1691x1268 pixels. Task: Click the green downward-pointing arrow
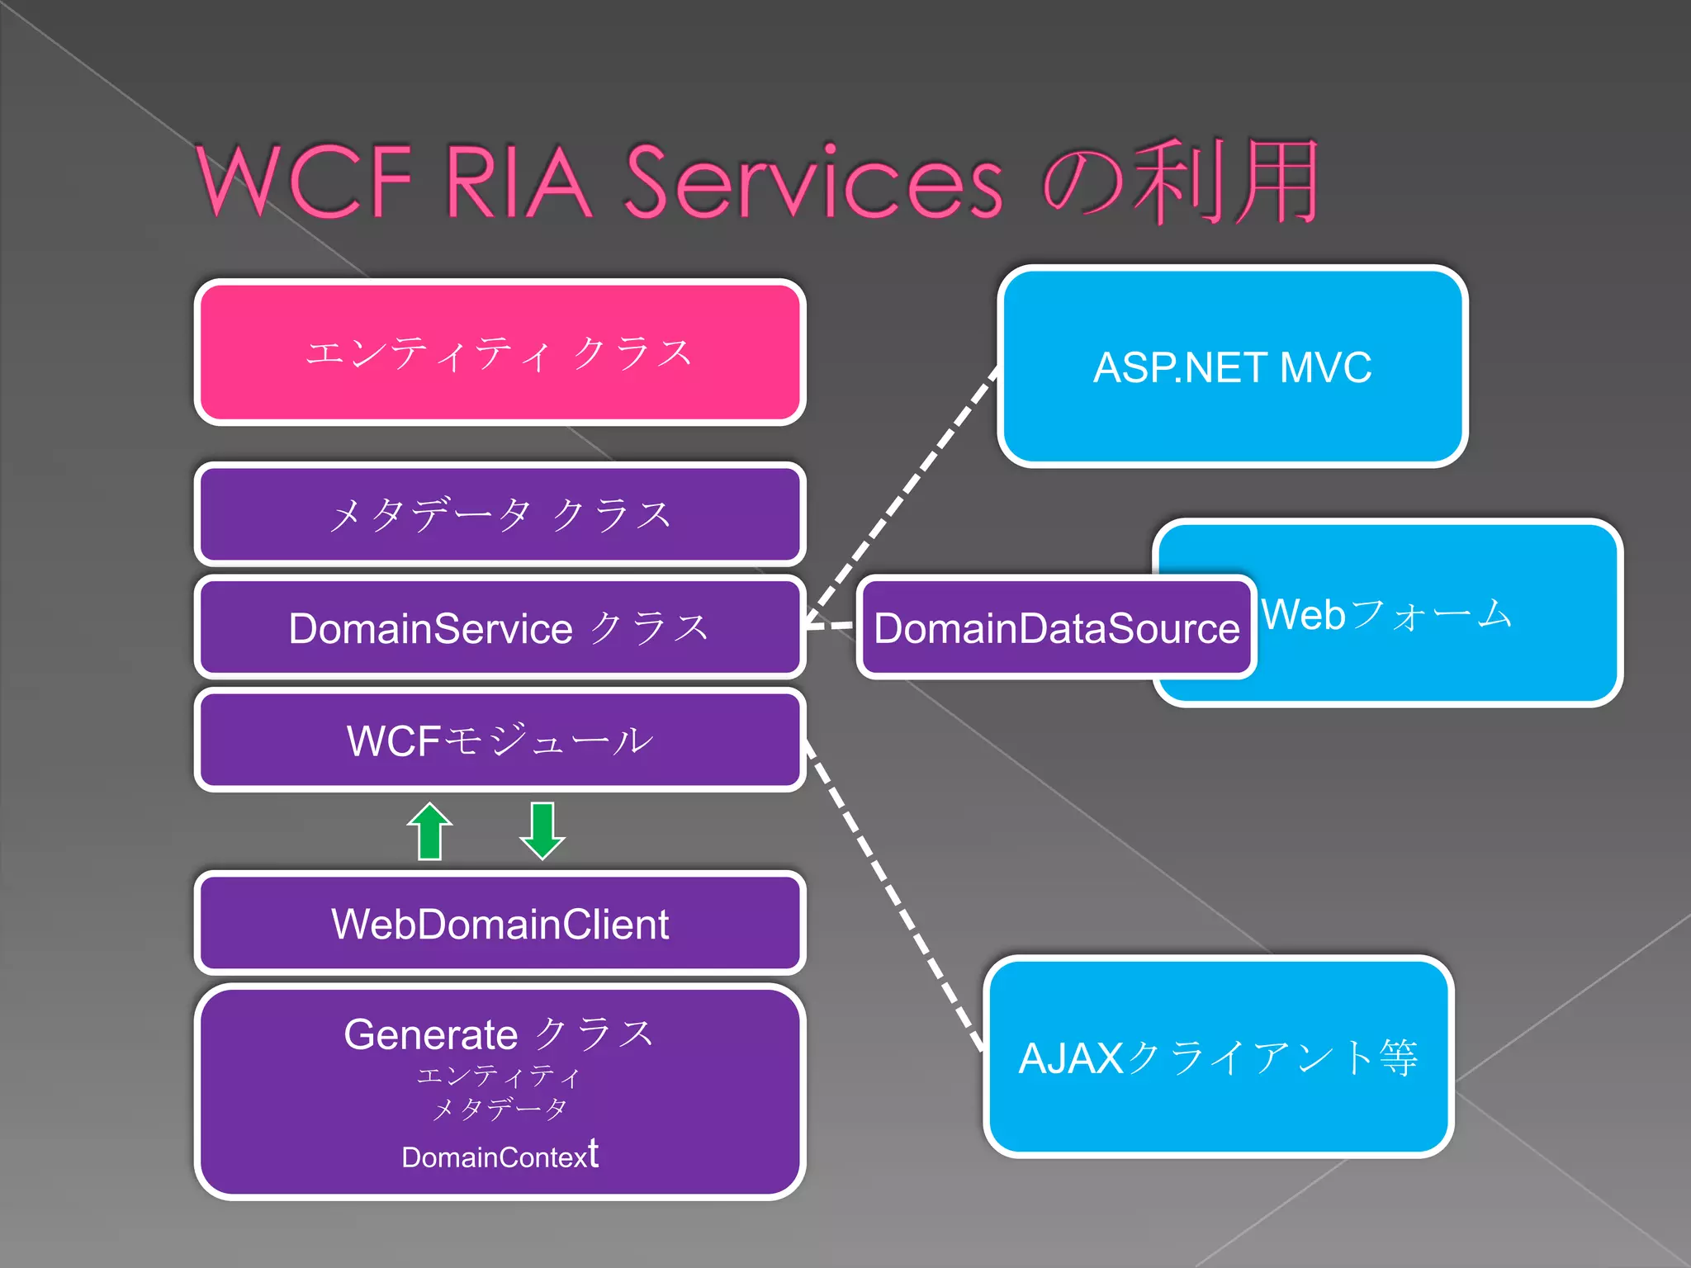pos(542,830)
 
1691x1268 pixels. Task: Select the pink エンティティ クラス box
pos(500,352)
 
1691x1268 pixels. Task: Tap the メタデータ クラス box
pos(500,514)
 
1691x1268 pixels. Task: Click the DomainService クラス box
pos(500,627)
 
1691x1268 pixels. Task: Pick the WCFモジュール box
pos(500,740)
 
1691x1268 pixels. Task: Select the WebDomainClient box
pos(500,923)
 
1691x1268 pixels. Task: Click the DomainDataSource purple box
pos(1055,627)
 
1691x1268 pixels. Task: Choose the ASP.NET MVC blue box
pos(1232,367)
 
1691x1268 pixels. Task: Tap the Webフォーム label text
pos(1387,614)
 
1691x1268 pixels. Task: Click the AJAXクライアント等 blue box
pos(1218,1057)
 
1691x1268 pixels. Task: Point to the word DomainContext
pos(500,1156)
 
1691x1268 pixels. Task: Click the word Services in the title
pos(813,182)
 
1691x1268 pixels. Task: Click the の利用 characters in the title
pos(1181,182)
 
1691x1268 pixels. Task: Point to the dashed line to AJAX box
pos(892,896)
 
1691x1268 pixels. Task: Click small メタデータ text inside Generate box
pos(500,1108)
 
